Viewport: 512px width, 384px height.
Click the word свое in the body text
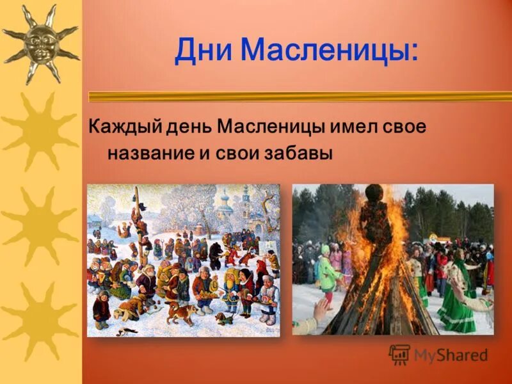click(407, 126)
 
